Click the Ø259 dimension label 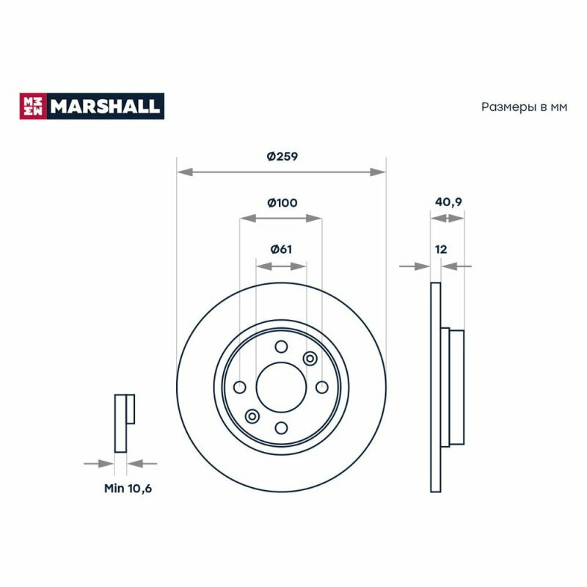click(282, 156)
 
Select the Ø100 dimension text click(282, 203)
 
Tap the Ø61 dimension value click(281, 249)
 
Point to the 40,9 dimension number click(448, 203)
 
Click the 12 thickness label click(441, 249)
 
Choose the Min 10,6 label click(128, 488)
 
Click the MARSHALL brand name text click(105, 106)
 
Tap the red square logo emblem click(33, 106)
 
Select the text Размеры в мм click(524, 107)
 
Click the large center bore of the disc click(281, 387)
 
